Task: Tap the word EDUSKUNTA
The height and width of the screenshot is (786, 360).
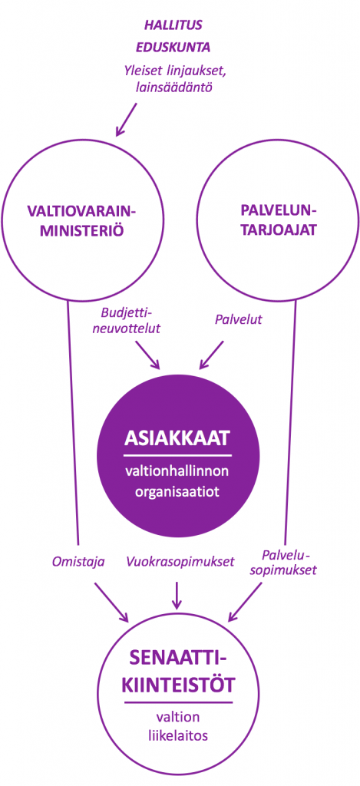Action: click(173, 48)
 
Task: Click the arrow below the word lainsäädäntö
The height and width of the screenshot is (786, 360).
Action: click(127, 120)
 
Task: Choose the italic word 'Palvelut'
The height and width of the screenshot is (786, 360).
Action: click(239, 319)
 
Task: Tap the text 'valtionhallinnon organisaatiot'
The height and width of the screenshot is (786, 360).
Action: click(177, 482)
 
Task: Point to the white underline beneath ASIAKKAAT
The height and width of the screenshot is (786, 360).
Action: click(177, 455)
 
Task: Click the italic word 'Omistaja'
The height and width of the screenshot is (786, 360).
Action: click(78, 562)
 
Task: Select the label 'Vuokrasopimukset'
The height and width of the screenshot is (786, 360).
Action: click(180, 562)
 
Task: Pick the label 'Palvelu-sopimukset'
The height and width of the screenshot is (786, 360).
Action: click(289, 563)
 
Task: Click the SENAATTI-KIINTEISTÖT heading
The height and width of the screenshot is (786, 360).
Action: click(179, 669)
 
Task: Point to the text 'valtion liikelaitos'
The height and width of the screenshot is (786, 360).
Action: click(178, 726)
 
